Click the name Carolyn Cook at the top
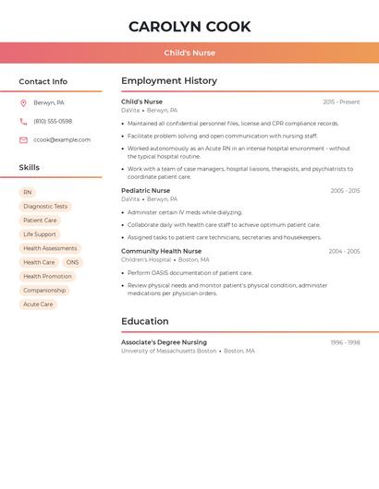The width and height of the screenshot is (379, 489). [x=189, y=26]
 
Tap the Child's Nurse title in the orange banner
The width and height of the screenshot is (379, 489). [x=189, y=53]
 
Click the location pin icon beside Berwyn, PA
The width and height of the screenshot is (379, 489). [x=23, y=103]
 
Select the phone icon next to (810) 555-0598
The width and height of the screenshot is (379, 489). [x=23, y=122]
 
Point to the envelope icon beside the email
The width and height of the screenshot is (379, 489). [x=23, y=140]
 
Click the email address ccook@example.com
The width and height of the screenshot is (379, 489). [x=62, y=140]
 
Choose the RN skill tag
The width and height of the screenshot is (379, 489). [x=28, y=193]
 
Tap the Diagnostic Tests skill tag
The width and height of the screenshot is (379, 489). [x=45, y=207]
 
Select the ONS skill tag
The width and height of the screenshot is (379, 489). [x=72, y=262]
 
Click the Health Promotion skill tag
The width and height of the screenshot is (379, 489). [x=47, y=276]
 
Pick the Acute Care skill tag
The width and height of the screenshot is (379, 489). [x=38, y=304]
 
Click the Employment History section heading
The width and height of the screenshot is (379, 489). [x=169, y=81]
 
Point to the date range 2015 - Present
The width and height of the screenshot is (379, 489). [x=341, y=102]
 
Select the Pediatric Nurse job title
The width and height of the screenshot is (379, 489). [x=145, y=191]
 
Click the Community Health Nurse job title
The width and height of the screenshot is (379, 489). [x=161, y=251]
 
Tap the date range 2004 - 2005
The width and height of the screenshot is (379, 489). [x=344, y=251]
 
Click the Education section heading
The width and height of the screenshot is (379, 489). [x=145, y=321]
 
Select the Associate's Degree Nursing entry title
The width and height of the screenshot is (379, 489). [x=164, y=342]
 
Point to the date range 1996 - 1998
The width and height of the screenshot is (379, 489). [x=345, y=342]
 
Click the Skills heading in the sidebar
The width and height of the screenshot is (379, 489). [x=30, y=167]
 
